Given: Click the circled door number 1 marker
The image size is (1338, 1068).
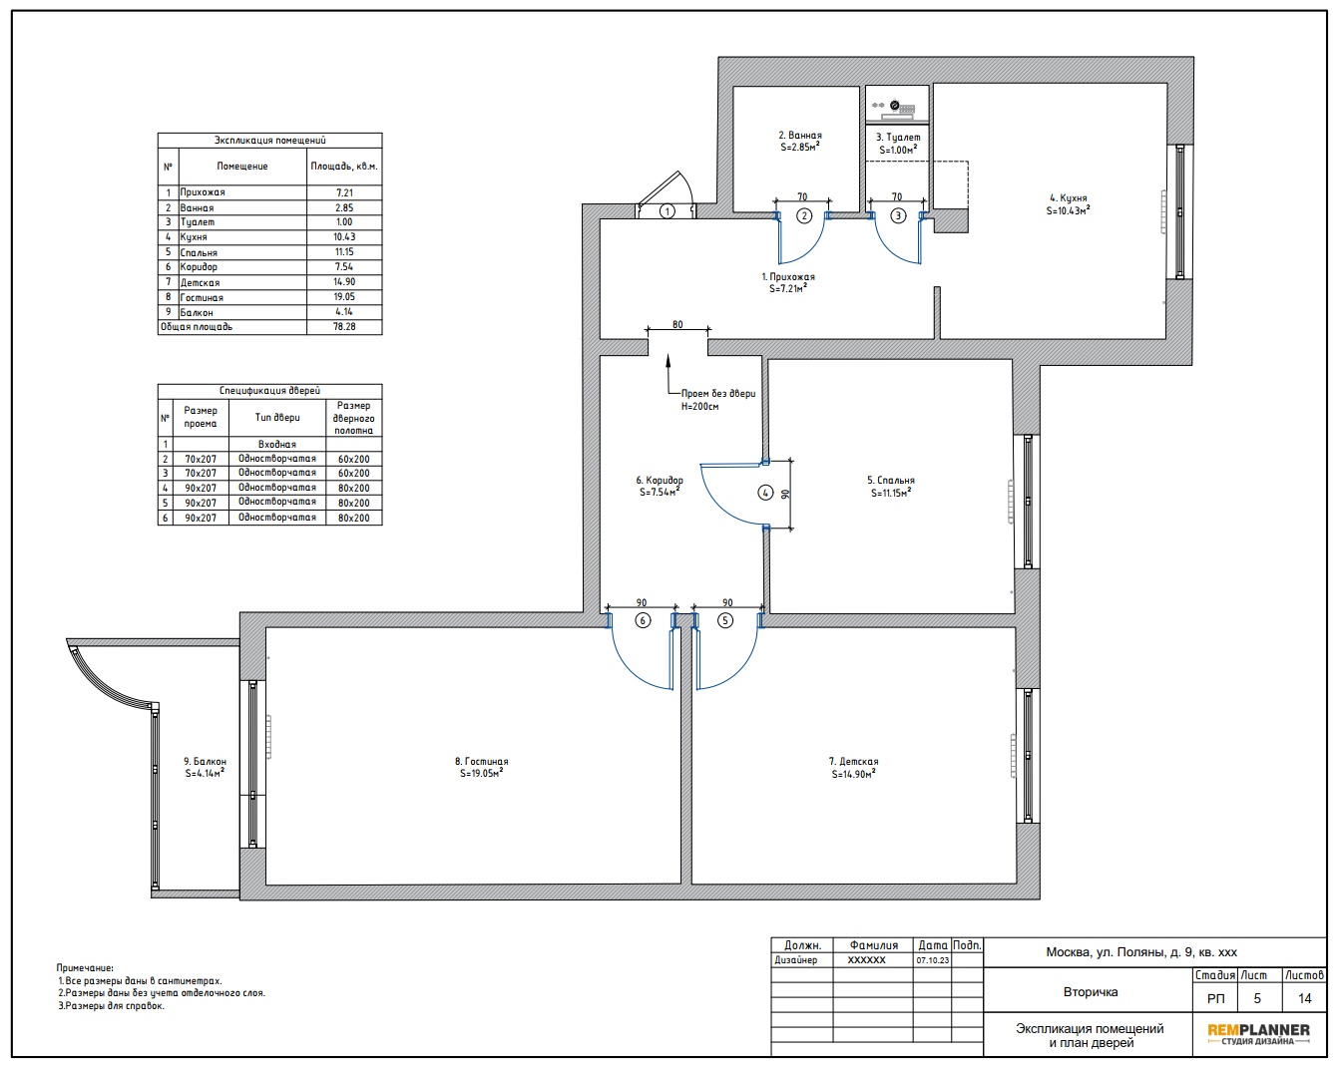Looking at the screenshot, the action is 668,211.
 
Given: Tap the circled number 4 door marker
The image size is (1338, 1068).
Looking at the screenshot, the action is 765,493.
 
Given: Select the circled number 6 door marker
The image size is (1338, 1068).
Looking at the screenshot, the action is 643,620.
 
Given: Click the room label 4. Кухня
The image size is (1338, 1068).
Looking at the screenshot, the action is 1069,198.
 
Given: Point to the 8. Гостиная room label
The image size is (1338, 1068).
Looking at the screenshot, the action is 481,762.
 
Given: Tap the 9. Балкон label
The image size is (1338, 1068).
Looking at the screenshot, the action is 206,762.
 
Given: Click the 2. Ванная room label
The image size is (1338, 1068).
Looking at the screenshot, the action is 800,135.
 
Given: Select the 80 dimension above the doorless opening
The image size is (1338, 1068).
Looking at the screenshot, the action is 677,324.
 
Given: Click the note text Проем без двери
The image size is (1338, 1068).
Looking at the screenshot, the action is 718,394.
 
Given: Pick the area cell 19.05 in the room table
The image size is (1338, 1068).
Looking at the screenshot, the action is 344,296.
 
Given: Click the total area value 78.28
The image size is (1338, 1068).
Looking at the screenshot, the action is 344,326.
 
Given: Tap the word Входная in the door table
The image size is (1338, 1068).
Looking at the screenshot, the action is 277,445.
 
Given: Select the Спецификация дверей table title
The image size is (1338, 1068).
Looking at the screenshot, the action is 269,390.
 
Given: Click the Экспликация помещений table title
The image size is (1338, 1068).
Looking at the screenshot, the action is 269,140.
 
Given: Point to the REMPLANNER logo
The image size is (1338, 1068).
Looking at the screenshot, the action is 1258,1034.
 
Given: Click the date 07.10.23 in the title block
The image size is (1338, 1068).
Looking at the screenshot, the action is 933,960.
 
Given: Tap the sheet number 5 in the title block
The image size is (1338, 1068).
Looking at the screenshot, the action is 1257,998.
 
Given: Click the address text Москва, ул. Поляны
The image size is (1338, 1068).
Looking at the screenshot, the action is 1106,952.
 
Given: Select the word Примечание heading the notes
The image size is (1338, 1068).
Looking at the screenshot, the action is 85,968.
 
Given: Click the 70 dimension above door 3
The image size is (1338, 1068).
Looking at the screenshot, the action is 897,196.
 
